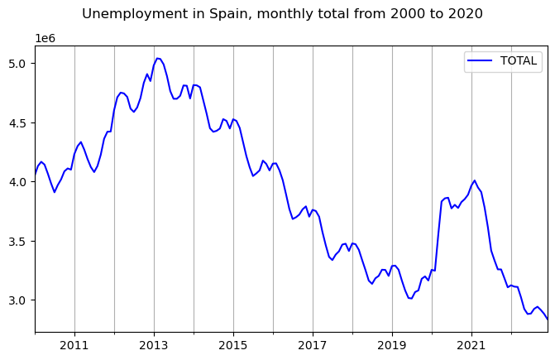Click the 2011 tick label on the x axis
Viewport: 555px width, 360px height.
(x=74, y=343)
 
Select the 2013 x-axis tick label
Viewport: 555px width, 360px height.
(x=154, y=343)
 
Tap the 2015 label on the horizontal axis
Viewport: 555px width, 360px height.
(x=233, y=343)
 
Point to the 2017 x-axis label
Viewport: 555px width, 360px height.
(x=313, y=343)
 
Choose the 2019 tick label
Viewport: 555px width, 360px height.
(x=392, y=343)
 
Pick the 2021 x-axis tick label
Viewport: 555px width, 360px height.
(x=471, y=343)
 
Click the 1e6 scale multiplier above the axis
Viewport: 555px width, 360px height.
(x=45, y=39)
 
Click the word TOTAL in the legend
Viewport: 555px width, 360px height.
(x=519, y=60)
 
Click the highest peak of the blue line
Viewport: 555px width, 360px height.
(x=158, y=58)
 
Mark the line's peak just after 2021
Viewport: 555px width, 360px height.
(x=474, y=180)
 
